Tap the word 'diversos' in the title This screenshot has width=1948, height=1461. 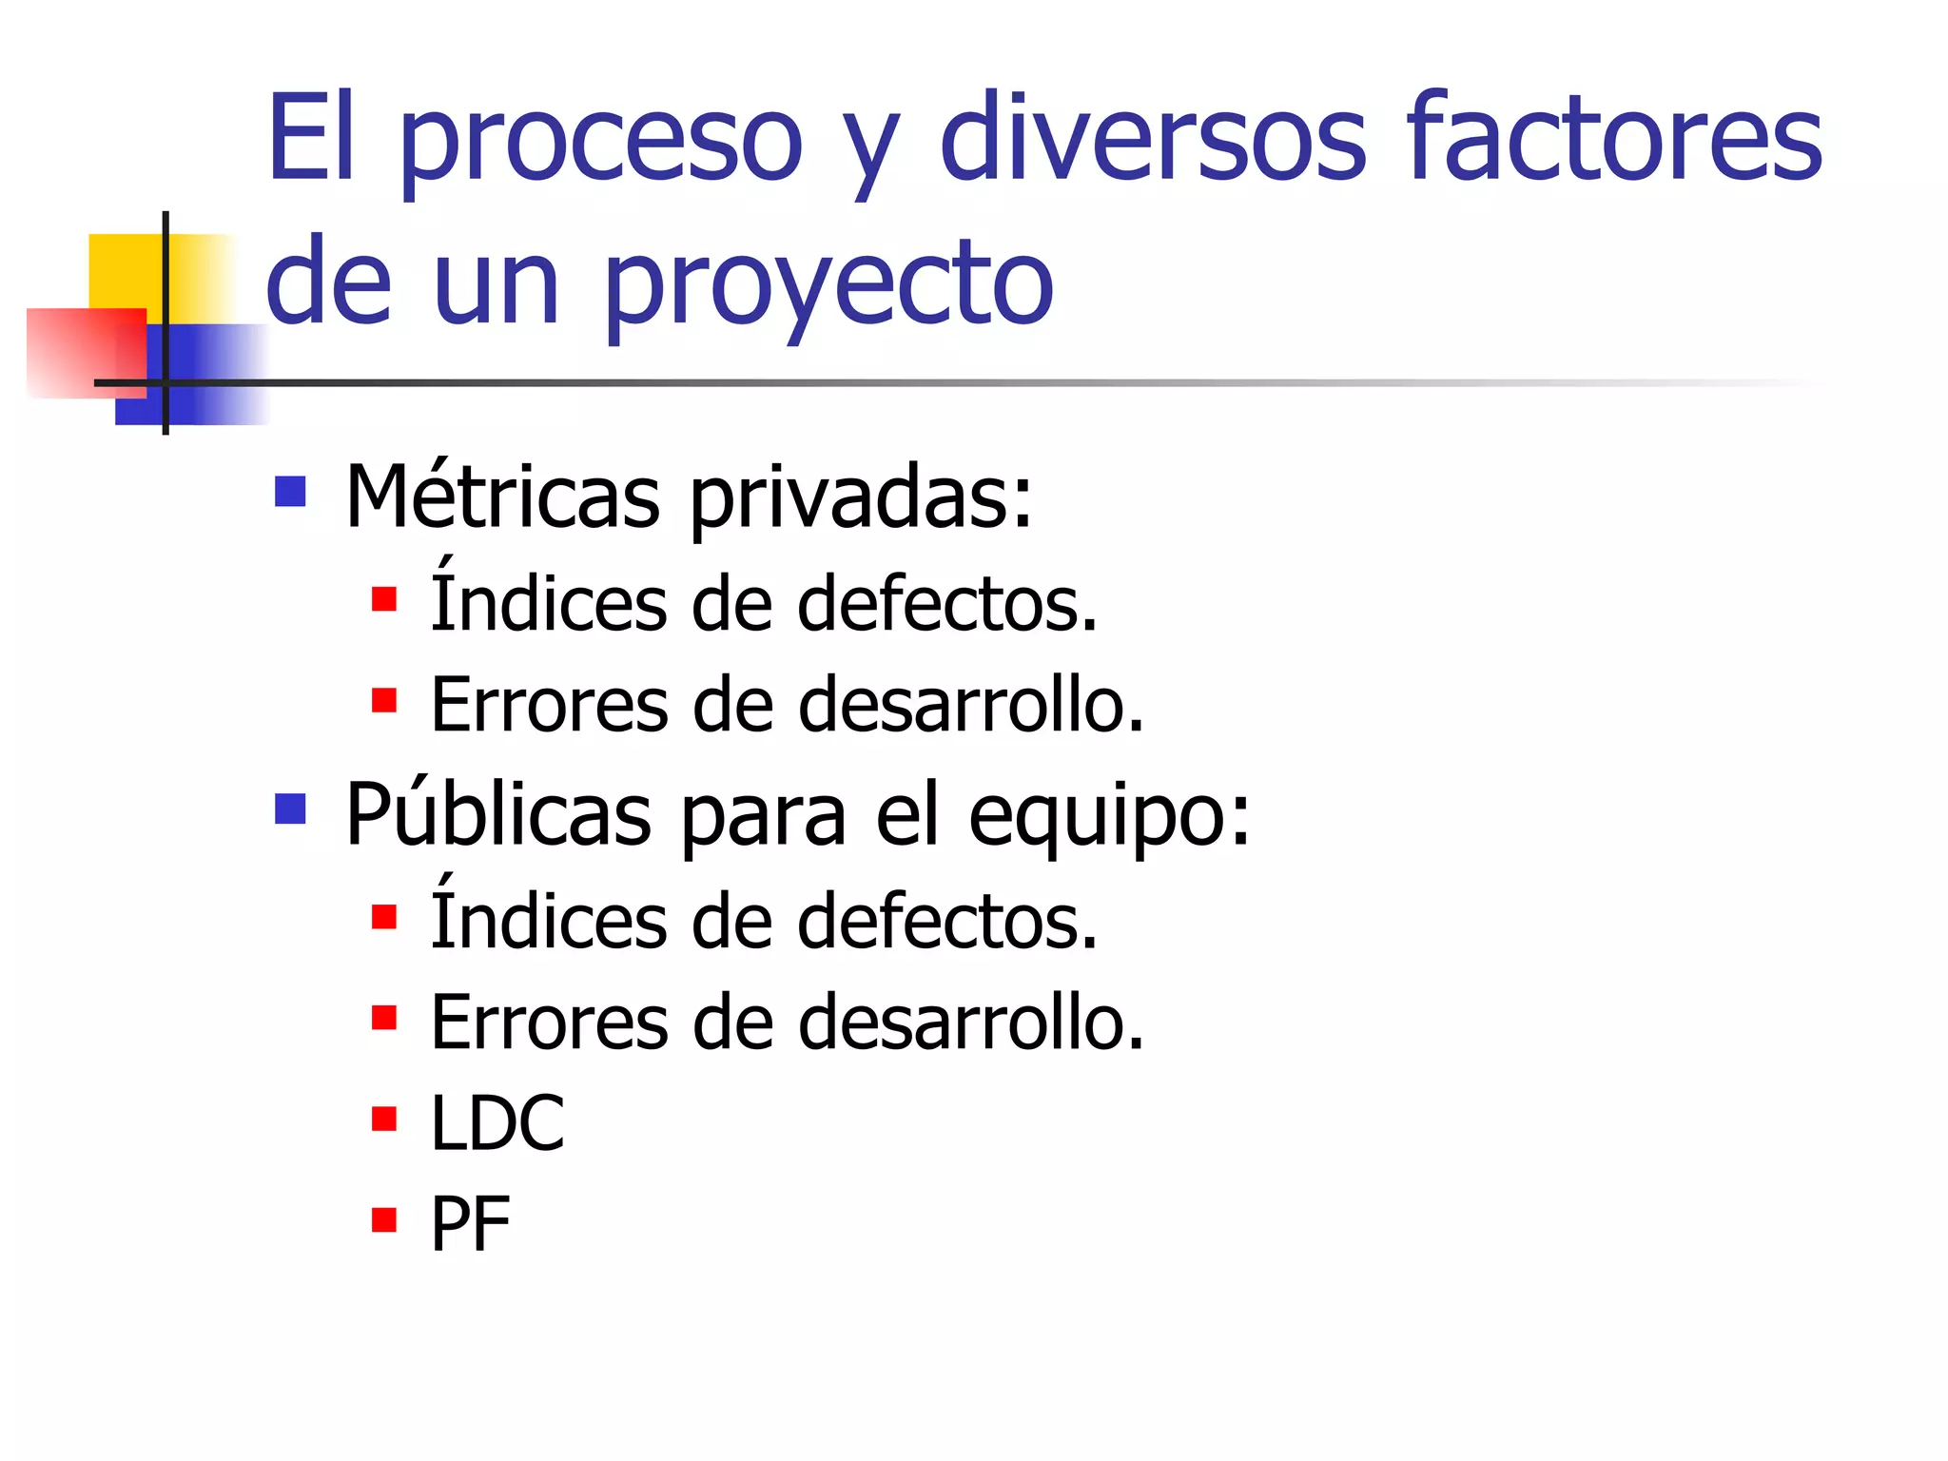tap(1153, 138)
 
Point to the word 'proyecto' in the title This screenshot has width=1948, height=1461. tap(828, 285)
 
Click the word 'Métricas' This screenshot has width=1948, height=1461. tap(502, 497)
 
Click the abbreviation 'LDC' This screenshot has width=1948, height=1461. tap(497, 1123)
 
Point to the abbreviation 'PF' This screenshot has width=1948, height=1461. tap(470, 1224)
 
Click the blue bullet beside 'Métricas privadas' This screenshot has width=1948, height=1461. tap(290, 492)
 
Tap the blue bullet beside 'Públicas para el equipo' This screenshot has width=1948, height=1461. tap(290, 809)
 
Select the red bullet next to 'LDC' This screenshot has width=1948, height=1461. tap(384, 1119)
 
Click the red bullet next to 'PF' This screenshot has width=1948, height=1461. tap(384, 1219)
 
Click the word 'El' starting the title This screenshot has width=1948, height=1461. tap(311, 138)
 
